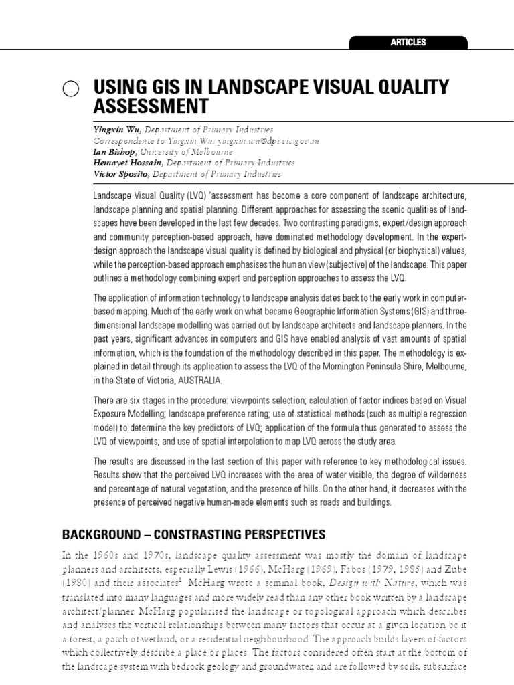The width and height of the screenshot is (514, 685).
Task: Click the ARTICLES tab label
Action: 408,42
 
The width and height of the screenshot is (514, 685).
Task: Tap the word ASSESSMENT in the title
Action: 151,106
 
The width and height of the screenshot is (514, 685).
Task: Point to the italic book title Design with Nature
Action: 386,583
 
